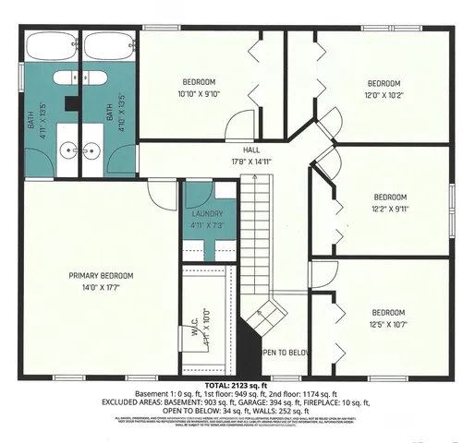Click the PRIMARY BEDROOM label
(x=102, y=275)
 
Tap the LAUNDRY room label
(x=208, y=213)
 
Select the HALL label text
(x=251, y=149)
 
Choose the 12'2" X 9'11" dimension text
(x=390, y=208)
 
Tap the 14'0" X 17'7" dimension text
(x=102, y=287)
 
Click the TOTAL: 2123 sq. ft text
(x=237, y=384)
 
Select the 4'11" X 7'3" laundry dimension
(x=208, y=223)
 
